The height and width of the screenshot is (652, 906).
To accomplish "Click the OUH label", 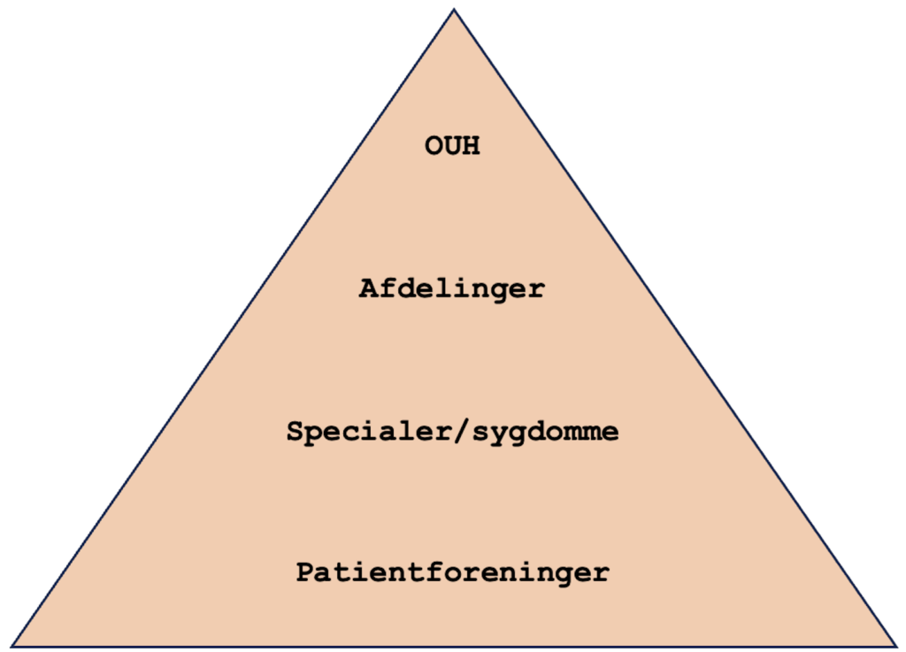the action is tap(452, 146).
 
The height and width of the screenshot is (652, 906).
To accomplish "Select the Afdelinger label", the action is tap(452, 288).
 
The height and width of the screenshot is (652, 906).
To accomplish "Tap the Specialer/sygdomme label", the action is tap(452, 432).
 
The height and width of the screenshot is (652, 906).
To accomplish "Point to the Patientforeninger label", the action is tap(452, 573).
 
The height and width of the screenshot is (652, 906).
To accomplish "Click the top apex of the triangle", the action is tap(454, 9).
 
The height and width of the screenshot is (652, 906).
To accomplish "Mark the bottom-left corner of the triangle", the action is tap(12, 646).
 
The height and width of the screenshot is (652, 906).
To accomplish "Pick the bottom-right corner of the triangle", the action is tap(896, 646).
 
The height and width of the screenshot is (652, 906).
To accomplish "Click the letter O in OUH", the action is tap(434, 146).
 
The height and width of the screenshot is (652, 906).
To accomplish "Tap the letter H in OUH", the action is tap(471, 146).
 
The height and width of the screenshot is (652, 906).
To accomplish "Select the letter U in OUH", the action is tap(452, 146).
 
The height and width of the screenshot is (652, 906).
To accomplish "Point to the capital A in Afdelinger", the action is tap(368, 288).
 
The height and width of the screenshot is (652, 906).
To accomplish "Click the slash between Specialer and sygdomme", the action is tap(462, 431).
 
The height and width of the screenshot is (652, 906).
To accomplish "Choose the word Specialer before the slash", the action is tap(370, 432).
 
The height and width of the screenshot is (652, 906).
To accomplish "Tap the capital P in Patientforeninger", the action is tap(305, 571).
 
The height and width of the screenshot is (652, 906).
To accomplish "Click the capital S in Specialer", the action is tap(296, 431).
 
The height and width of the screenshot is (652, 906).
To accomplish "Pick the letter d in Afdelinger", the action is tap(405, 288).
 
